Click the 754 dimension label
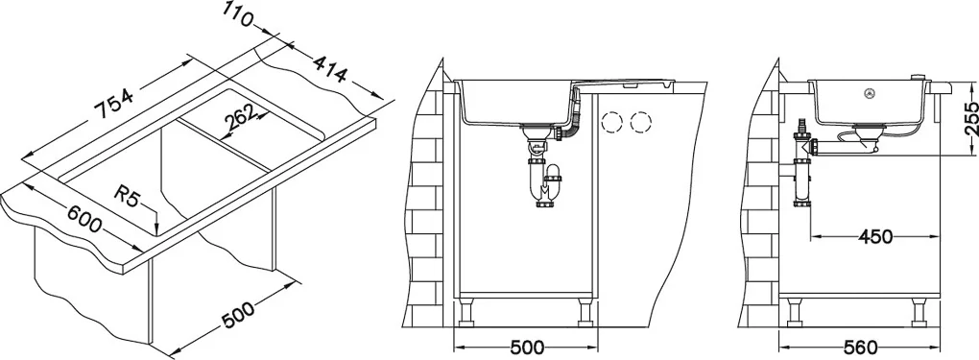click(x=113, y=103)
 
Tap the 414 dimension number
click(x=328, y=69)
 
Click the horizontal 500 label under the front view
click(x=526, y=348)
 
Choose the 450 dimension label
click(x=874, y=237)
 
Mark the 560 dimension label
click(x=860, y=348)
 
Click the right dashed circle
click(x=640, y=123)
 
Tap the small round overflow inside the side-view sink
click(x=868, y=94)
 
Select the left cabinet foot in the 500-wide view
click(x=466, y=313)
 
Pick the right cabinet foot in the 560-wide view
click(x=919, y=313)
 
